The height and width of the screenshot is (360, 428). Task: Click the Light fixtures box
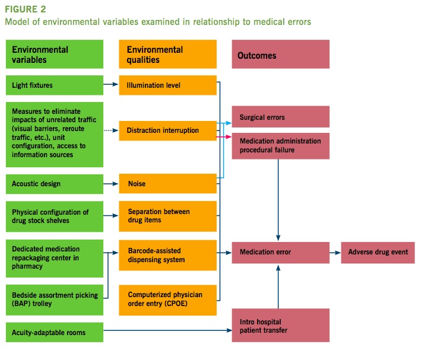coord(55,85)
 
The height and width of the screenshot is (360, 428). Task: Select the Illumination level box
coord(167,85)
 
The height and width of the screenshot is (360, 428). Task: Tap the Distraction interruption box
coord(167,130)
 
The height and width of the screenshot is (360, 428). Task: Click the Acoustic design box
coord(55,184)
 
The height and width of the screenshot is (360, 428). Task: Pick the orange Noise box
coord(167,184)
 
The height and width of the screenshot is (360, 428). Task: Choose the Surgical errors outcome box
coord(280,117)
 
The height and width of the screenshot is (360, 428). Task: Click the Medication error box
coord(280,252)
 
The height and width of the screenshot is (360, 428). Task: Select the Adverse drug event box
coord(378,252)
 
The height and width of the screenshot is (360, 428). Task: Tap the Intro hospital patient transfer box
coord(280,325)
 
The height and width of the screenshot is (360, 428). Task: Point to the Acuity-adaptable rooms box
coord(55,333)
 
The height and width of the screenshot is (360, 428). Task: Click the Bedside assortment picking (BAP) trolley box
coord(55,292)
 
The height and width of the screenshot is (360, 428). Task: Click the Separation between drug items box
coord(167,216)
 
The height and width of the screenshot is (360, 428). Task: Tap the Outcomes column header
coord(280,55)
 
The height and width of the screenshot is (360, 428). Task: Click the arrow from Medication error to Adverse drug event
coord(335,252)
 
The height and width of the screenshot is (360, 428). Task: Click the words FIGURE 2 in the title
coord(26,10)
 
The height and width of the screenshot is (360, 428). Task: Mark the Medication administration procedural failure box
coord(280,145)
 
